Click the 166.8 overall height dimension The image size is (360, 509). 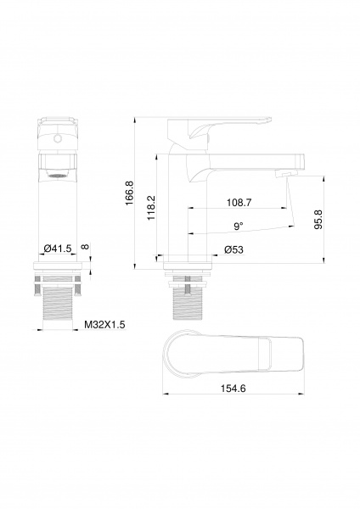pyautogui.click(x=129, y=193)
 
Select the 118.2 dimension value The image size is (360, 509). pyautogui.click(x=151, y=208)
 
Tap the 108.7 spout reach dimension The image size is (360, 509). pyautogui.click(x=239, y=203)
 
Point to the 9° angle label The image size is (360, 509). pyautogui.click(x=239, y=226)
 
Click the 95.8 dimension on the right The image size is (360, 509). pyautogui.click(x=318, y=220)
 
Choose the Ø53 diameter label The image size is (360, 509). pyautogui.click(x=233, y=249)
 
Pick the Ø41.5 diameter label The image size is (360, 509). pyautogui.click(x=58, y=249)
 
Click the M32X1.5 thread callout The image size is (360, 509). pyautogui.click(x=104, y=325)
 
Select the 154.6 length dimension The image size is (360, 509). pyautogui.click(x=233, y=388)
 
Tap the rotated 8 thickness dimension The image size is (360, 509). pyautogui.click(x=85, y=246)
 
